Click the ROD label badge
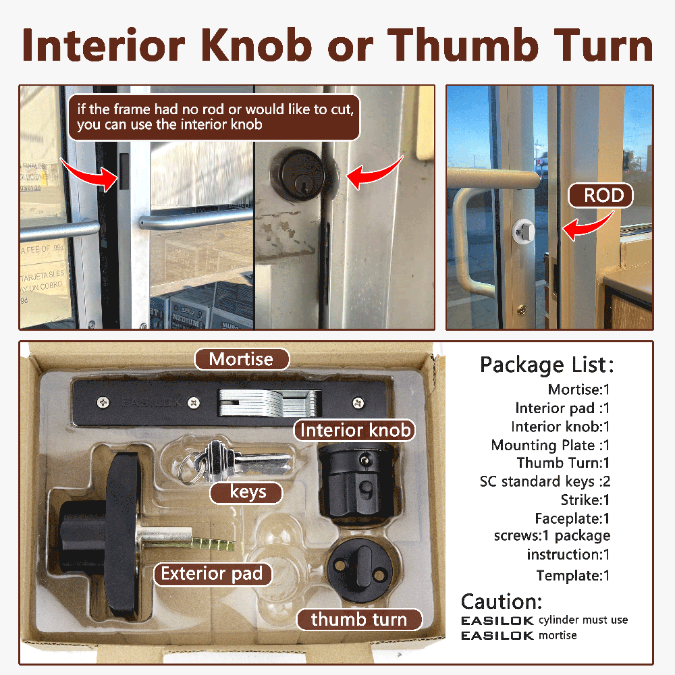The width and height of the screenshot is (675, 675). (x=601, y=196)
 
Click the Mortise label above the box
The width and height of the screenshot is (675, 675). (x=242, y=359)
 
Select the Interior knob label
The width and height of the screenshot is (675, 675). (x=355, y=430)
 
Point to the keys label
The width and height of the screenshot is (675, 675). (x=246, y=493)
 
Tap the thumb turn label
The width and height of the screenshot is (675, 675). (x=360, y=620)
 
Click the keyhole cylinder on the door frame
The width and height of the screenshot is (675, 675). (x=298, y=175)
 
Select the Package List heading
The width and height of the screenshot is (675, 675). (x=547, y=365)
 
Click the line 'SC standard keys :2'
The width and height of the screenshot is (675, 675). (x=545, y=481)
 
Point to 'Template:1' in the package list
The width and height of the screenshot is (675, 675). (x=573, y=576)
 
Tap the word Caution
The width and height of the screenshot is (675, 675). (x=502, y=601)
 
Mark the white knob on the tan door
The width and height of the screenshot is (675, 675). (x=523, y=230)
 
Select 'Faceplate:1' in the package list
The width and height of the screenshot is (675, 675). (x=572, y=518)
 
